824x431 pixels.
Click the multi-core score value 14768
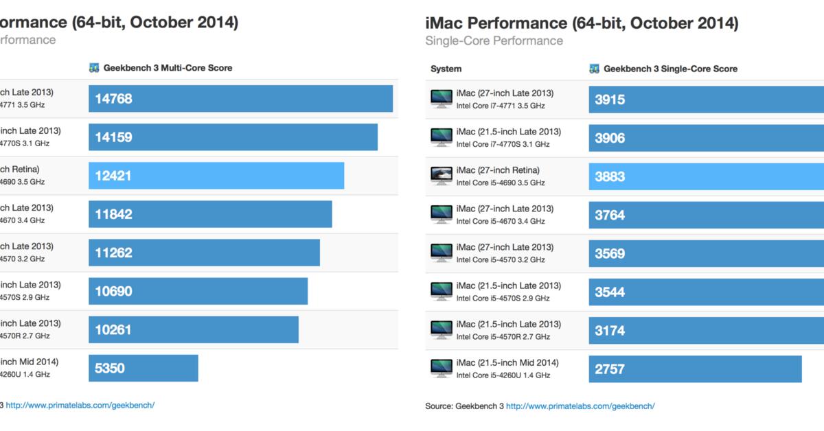114,99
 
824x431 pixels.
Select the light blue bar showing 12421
216,176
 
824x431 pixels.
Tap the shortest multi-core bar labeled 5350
143,369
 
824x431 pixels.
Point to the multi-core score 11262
114,253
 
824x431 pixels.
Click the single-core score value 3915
610,100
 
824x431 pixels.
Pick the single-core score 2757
610,369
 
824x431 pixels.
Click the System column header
446,69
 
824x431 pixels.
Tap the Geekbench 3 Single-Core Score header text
670,69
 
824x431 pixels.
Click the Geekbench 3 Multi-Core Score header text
168,68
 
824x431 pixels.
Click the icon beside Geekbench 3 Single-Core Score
595,69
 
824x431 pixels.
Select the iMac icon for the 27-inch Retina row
440,176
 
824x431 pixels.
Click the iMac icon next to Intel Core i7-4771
440,99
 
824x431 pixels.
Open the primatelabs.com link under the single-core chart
580,406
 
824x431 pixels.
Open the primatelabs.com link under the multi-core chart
80,405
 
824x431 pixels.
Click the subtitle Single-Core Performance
494,40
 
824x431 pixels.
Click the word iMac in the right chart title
446,23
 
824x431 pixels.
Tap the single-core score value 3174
610,331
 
